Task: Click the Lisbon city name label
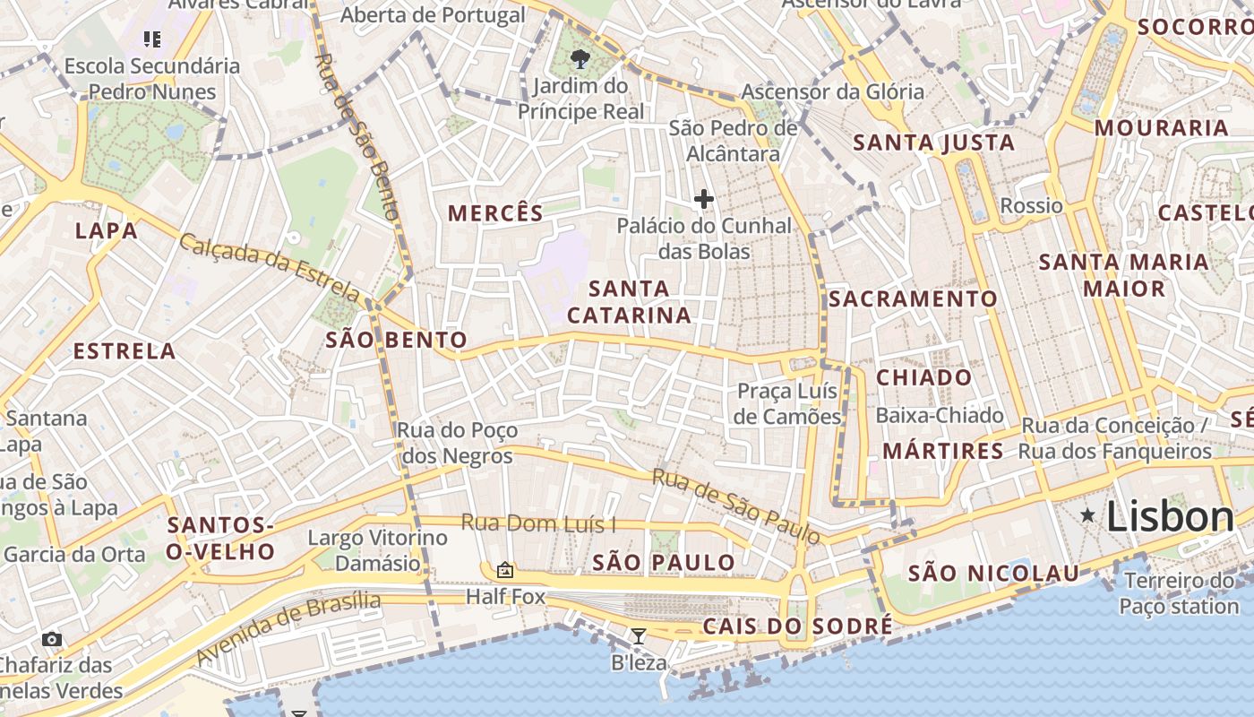1170,517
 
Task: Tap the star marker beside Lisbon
1087,515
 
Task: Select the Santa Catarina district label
629,302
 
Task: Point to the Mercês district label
495,213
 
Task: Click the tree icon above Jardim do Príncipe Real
580,60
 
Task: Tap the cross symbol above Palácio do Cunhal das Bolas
704,199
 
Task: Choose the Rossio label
1031,206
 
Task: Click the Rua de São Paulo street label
735,505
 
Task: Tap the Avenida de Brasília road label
288,629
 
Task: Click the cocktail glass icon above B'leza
639,636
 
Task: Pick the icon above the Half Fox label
505,570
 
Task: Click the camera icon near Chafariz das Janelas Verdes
52,639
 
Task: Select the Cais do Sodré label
797,626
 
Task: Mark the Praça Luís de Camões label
786,403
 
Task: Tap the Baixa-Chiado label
939,415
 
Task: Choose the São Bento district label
396,340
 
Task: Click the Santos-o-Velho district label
220,538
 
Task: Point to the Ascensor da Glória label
832,91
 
